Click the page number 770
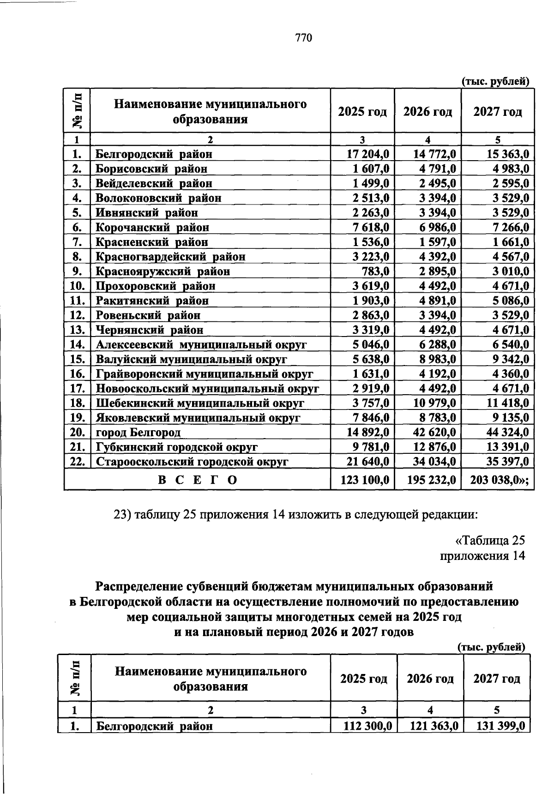point(304,38)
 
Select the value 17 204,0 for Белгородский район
point(368,154)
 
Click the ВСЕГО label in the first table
point(198,480)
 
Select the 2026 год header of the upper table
point(428,112)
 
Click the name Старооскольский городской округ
point(192,462)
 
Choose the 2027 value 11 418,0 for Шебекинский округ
point(506,403)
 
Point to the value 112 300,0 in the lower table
point(368,726)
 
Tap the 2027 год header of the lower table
point(497,679)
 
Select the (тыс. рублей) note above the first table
point(495,82)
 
